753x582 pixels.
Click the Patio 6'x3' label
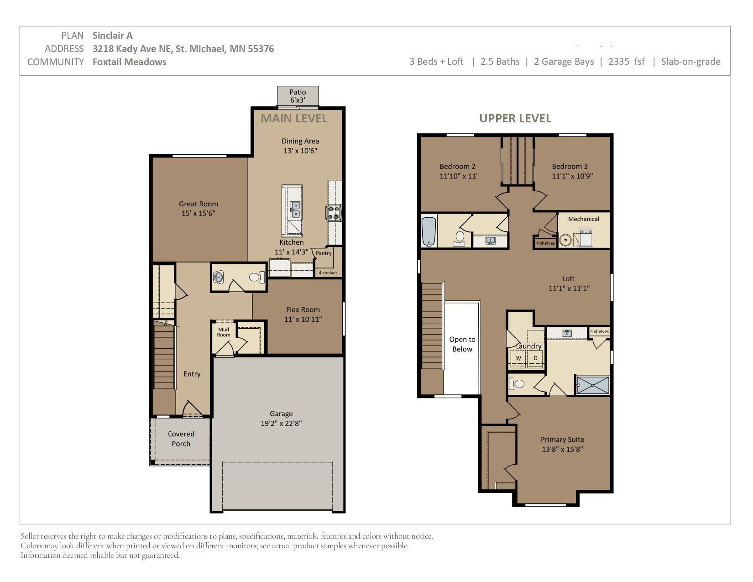[298, 96]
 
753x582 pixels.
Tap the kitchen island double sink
[295, 210]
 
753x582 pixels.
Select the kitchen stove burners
[333, 213]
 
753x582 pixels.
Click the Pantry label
[324, 253]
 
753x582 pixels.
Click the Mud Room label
[224, 332]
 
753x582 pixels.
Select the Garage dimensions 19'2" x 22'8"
[281, 423]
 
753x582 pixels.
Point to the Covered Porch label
[181, 439]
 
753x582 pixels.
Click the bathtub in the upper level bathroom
[429, 231]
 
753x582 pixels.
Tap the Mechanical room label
[584, 219]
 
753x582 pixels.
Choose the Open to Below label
[462, 344]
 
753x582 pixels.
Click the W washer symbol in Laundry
[518, 358]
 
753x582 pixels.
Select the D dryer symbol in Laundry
[535, 358]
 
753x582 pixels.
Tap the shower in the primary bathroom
[593, 385]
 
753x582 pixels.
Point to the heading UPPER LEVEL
[515, 119]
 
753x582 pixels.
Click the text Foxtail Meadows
[129, 62]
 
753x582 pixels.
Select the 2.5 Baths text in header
[500, 61]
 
